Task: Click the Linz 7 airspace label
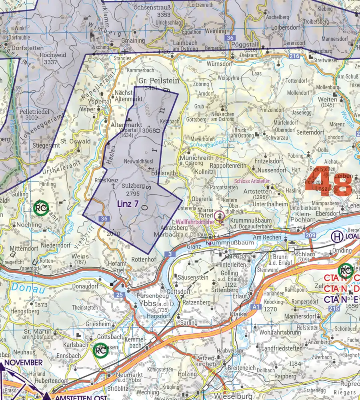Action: click(128, 204)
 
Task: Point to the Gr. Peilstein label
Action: click(159, 80)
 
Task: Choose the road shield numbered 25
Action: click(120, 295)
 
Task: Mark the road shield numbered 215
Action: click(333, 308)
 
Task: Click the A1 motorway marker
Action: click(256, 307)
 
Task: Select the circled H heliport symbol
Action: click(337, 236)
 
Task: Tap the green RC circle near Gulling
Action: click(41, 208)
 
